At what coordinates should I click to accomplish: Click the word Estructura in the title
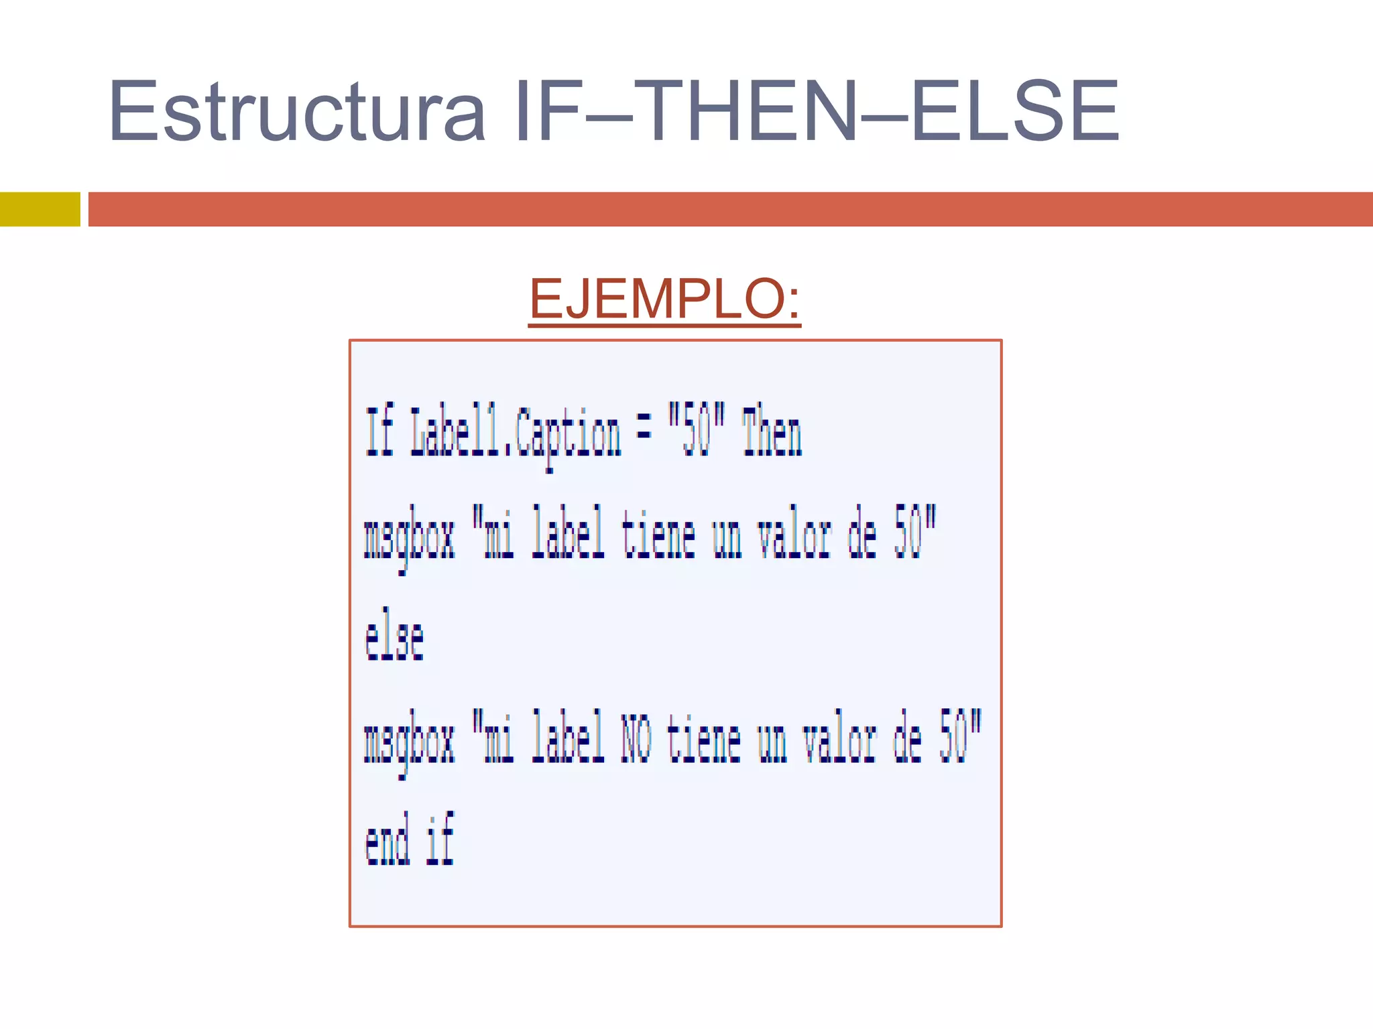297,111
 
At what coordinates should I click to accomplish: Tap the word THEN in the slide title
745,111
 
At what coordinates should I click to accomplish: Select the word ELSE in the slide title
1015,111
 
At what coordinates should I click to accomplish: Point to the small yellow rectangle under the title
40,209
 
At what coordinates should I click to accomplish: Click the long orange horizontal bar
730,209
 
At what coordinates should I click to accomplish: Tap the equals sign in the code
644,430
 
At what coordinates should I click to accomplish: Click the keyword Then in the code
772,433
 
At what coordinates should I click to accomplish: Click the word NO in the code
636,739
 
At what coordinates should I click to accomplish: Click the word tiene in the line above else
658,535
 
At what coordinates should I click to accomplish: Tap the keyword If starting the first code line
379,433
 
